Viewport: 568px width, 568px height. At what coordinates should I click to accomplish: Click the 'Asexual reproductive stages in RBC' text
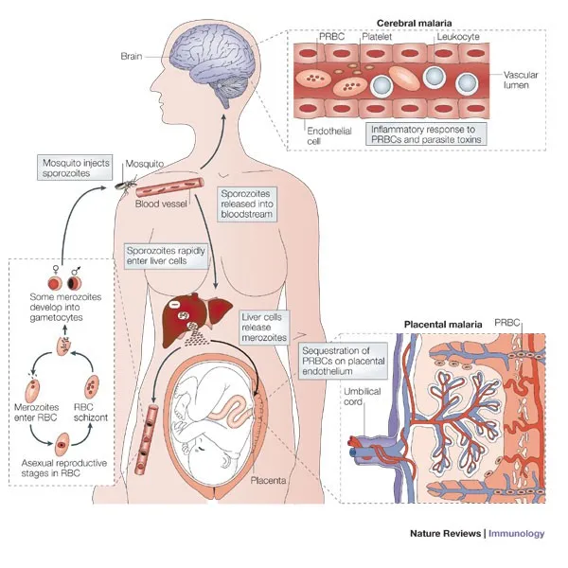[68, 470]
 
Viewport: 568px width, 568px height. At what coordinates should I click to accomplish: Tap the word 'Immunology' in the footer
[518, 533]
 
